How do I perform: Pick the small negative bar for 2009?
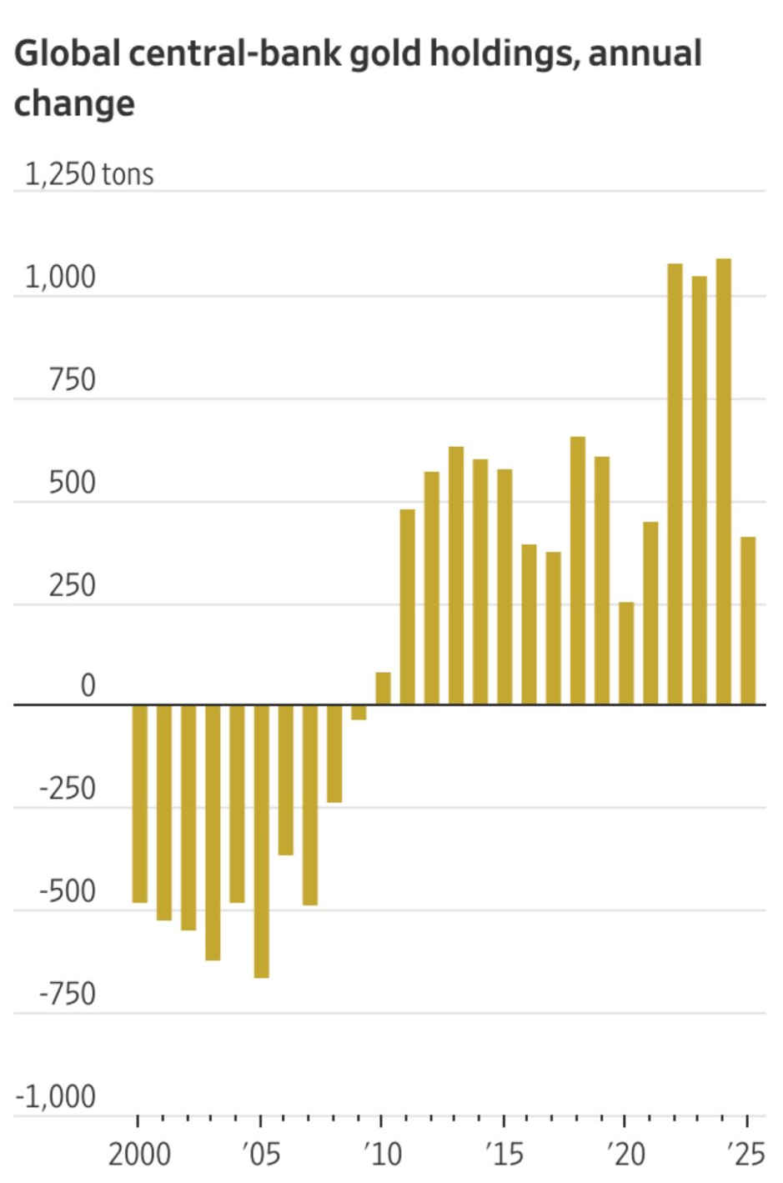point(359,712)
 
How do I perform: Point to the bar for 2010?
point(383,689)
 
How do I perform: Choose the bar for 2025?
point(748,620)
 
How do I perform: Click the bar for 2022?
point(675,484)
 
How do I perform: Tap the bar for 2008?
point(334,754)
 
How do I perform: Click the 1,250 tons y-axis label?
point(89,174)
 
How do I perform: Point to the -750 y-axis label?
point(68,994)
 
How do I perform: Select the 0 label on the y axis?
point(88,685)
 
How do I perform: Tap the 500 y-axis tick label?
point(72,482)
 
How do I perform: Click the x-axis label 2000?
point(139,1155)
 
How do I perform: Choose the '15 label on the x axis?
point(504,1155)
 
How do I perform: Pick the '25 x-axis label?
point(745,1155)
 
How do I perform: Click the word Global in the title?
point(67,53)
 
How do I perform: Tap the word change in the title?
point(74,103)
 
